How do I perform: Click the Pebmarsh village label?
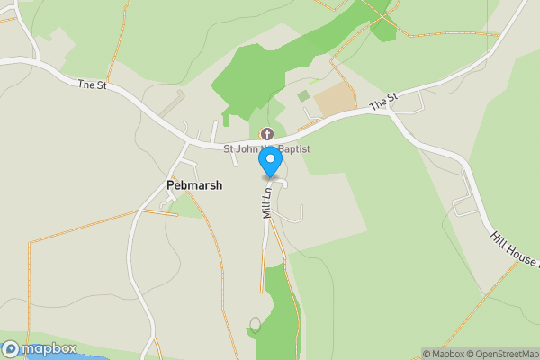pos(194,184)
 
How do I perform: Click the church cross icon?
pos(266,134)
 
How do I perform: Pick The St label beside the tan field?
pos(384,102)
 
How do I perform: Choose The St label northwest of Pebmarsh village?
pos(93,85)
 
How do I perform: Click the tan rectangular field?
pos(335,100)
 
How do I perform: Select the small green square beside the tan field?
pos(303,96)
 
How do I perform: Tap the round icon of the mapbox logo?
pos(11,348)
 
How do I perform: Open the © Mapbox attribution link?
pos(445,354)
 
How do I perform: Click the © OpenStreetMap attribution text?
pos(505,354)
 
